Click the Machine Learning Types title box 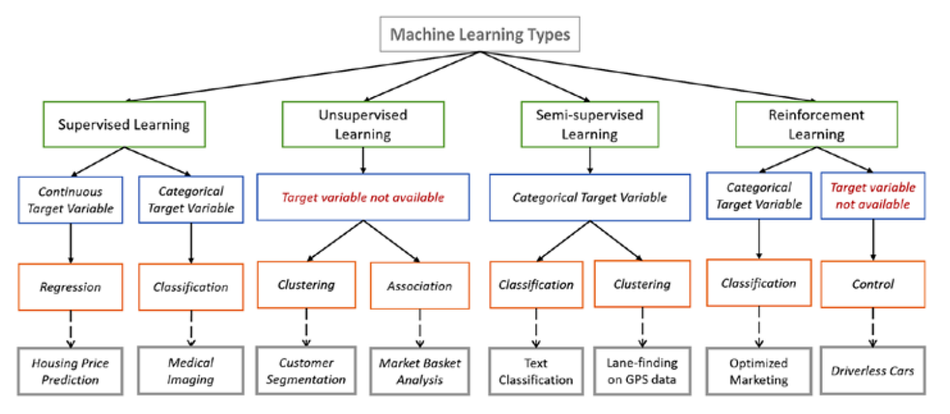click(x=480, y=35)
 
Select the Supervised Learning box click(x=124, y=123)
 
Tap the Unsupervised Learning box click(x=363, y=124)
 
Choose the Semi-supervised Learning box click(x=589, y=124)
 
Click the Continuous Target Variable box click(x=71, y=198)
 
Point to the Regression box click(x=71, y=286)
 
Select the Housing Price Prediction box click(x=71, y=371)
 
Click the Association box click(x=419, y=286)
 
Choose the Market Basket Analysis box click(x=420, y=371)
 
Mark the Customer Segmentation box click(x=307, y=371)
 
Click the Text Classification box click(x=536, y=371)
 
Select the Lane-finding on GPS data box click(x=643, y=371)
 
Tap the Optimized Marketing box click(x=759, y=371)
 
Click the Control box click(x=872, y=284)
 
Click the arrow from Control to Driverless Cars click(x=872, y=326)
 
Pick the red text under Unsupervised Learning click(x=362, y=197)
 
